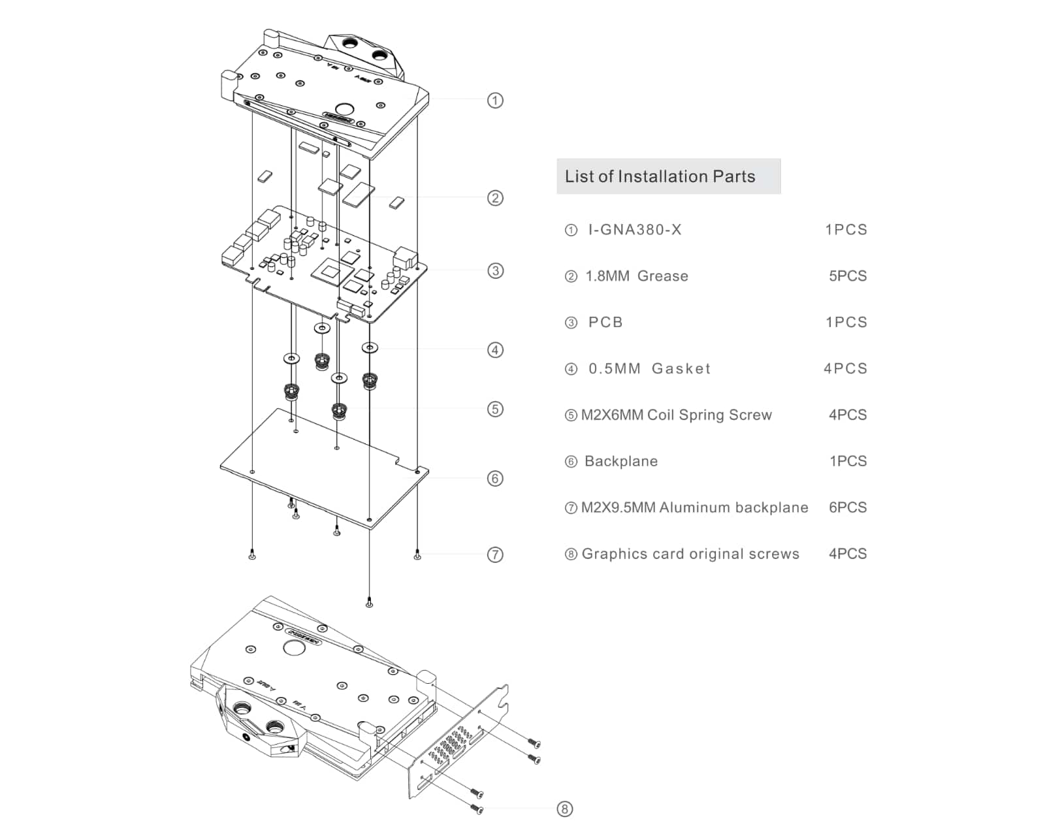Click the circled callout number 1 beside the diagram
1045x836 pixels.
pyautogui.click(x=495, y=101)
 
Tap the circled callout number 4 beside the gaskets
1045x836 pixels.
pyautogui.click(x=495, y=350)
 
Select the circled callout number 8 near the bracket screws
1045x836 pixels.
pyautogui.click(x=564, y=809)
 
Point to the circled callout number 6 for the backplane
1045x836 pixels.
pyautogui.click(x=495, y=479)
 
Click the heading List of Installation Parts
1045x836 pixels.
pyautogui.click(x=660, y=176)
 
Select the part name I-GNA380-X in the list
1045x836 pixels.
pyautogui.click(x=634, y=230)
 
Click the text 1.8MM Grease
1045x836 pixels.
pyautogui.click(x=637, y=276)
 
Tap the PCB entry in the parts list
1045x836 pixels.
pyautogui.click(x=605, y=323)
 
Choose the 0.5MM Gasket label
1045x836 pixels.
pyautogui.click(x=649, y=369)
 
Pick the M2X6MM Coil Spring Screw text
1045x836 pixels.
pyautogui.click(x=677, y=415)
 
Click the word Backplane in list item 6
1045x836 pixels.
pyautogui.click(x=621, y=462)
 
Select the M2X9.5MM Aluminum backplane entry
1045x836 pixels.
pyautogui.click(x=695, y=508)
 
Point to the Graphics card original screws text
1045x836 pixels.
pyautogui.click(x=690, y=555)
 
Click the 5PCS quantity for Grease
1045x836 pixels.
pyautogui.click(x=848, y=276)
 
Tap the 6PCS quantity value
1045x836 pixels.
pyautogui.click(x=848, y=508)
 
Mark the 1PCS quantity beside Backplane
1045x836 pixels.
pyautogui.click(x=848, y=462)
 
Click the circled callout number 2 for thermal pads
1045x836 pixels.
pyautogui.click(x=495, y=198)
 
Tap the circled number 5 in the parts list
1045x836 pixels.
pyautogui.click(x=571, y=415)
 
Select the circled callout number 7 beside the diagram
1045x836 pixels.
pyautogui.click(x=495, y=555)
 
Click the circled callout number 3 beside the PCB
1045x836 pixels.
pyautogui.click(x=495, y=271)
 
